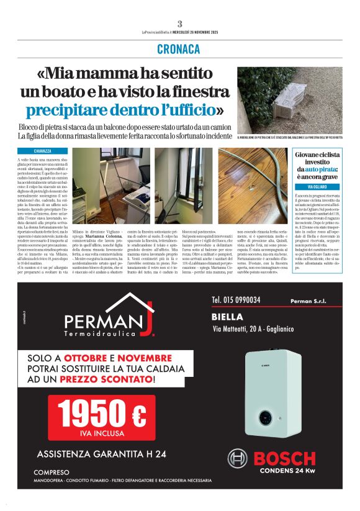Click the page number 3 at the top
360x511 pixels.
179,24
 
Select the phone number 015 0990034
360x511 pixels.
236,300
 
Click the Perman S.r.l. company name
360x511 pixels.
308,301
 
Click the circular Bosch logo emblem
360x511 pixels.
238,459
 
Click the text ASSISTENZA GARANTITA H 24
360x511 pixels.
101,454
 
